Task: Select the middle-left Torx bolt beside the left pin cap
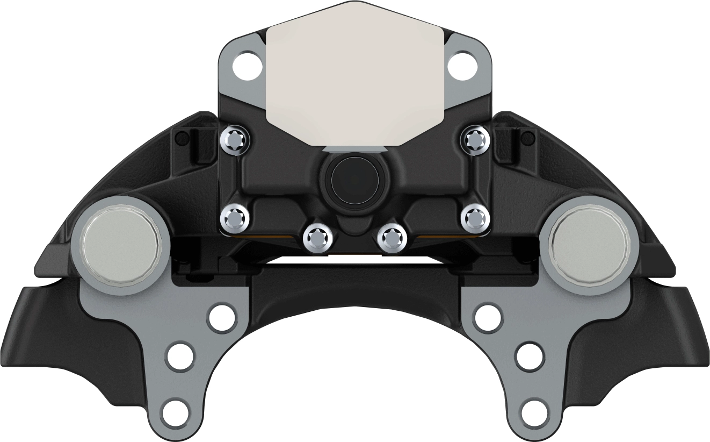click(235, 218)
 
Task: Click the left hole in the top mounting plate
click(247, 65)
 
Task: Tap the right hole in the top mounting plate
click(463, 65)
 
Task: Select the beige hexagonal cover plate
click(355, 75)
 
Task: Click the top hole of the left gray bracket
click(221, 318)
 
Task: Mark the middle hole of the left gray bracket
click(180, 355)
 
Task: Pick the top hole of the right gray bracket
click(489, 318)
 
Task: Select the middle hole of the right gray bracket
click(530, 355)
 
